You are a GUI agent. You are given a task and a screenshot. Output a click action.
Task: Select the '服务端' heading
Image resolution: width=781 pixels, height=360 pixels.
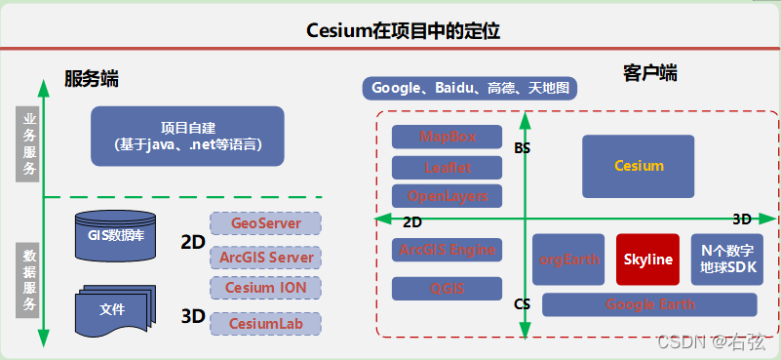(98, 78)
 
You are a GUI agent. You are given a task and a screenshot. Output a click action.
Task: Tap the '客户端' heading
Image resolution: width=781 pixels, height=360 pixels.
(649, 73)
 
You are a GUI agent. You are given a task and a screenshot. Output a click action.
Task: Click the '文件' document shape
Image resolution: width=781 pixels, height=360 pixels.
(113, 309)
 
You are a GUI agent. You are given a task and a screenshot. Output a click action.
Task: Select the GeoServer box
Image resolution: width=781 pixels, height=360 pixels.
(265, 223)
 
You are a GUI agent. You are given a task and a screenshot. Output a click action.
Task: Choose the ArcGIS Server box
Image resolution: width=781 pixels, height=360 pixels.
(265, 258)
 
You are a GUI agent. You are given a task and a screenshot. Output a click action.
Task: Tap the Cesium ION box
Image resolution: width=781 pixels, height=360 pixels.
(265, 288)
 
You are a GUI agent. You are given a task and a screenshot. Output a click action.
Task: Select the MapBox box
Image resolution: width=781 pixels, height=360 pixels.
(447, 137)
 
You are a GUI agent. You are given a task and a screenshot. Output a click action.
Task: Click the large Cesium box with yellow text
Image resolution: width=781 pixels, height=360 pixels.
(639, 166)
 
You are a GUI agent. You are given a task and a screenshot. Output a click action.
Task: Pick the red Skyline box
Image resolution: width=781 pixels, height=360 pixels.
(647, 260)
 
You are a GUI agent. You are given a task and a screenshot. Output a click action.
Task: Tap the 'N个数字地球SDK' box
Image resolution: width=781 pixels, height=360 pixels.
(727, 259)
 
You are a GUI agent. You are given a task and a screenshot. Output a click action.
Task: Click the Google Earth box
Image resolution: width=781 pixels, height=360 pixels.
(651, 304)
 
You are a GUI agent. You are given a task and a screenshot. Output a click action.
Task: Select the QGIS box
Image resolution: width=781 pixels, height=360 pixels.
(447, 289)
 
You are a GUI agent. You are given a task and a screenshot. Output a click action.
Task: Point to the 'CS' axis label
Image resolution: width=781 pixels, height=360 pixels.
(522, 303)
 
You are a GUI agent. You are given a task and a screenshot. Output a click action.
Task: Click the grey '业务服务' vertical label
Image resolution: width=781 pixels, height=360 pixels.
(29, 143)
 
